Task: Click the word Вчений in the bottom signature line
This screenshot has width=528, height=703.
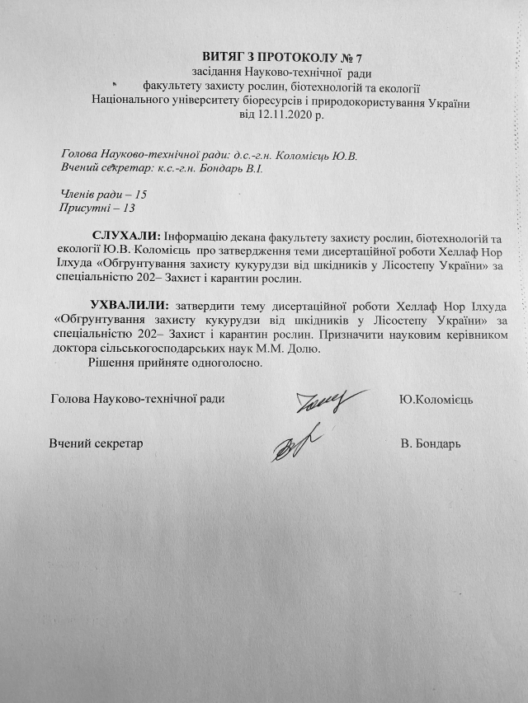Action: (68, 443)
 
